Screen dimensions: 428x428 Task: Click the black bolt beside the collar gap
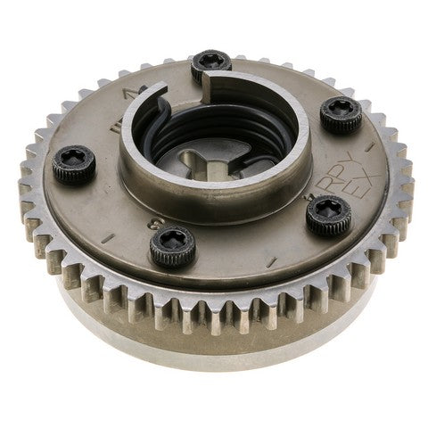click(210, 62)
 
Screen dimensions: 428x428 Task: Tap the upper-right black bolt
click(341, 114)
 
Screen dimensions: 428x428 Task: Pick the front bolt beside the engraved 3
click(172, 247)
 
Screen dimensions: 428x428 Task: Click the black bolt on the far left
click(73, 164)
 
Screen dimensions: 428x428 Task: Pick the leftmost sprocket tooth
click(24, 191)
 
